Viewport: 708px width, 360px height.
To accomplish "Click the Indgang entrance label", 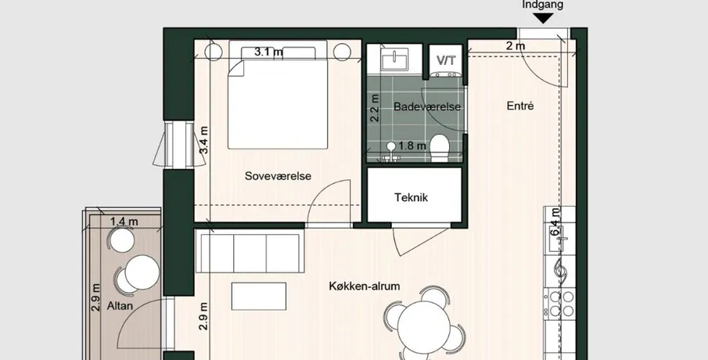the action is [543, 5].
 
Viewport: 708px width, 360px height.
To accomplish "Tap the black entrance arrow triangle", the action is [543, 19].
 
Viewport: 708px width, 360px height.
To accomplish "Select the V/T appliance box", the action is [446, 60].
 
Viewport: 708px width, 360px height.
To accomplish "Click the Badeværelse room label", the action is [426, 107].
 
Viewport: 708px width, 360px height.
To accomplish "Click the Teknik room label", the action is [411, 197].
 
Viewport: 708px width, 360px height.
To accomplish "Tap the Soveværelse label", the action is [279, 176].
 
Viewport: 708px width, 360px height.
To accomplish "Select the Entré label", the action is [520, 106].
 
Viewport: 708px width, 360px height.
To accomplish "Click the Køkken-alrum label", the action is [365, 286].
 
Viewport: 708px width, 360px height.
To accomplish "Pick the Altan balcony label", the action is [120, 306].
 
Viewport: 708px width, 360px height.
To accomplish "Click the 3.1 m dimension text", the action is [268, 52].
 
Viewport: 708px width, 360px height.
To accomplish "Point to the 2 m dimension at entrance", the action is [516, 46].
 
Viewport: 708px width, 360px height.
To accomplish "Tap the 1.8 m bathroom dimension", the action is [412, 146].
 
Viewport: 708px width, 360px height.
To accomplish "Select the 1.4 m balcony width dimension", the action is [124, 221].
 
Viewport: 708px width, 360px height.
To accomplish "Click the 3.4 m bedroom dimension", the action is [204, 140].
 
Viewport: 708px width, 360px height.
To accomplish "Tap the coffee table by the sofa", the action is [259, 297].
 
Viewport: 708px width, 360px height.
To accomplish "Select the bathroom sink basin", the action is [394, 60].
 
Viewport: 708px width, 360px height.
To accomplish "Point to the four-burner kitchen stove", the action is [559, 304].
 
